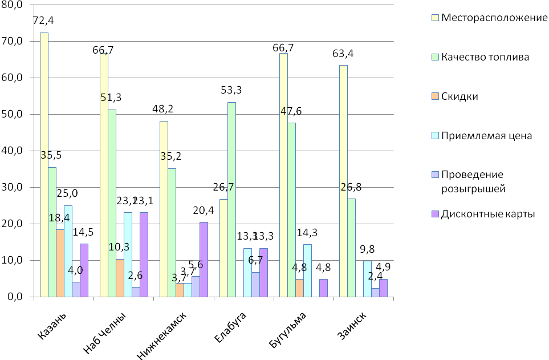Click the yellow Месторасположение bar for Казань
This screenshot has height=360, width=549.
click(x=44, y=165)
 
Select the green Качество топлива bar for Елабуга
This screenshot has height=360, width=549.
click(x=231, y=200)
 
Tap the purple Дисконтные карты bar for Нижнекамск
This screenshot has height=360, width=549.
click(x=204, y=260)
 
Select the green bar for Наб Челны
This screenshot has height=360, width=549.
click(x=112, y=203)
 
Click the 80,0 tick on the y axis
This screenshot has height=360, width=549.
click(x=12, y=5)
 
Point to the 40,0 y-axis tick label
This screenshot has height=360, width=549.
click(x=12, y=151)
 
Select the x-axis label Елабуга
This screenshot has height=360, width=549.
click(x=231, y=327)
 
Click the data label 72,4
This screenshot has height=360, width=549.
click(x=44, y=21)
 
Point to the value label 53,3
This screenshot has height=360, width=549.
click(x=232, y=90)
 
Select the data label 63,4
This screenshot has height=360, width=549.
click(x=342, y=54)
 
